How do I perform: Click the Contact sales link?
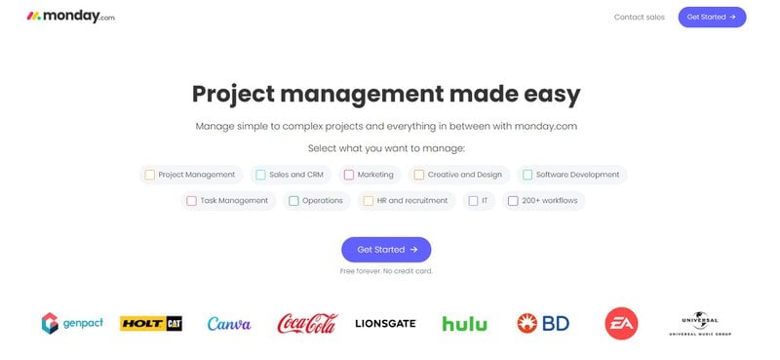coord(639,17)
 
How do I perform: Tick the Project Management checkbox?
coord(149,175)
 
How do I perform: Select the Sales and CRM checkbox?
coord(260,175)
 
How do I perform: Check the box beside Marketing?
coord(349,175)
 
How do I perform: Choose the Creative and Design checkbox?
coord(419,175)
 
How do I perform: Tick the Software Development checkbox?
coord(527,175)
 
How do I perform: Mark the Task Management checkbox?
coord(192,201)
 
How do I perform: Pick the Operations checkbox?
coord(293,201)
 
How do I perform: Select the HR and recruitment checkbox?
coord(369,201)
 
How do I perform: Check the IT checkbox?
coord(473,201)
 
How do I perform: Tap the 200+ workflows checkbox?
coord(513,201)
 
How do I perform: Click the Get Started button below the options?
coord(386,250)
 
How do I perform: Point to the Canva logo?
coord(229,324)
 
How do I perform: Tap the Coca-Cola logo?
coord(306,323)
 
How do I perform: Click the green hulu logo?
coord(464,324)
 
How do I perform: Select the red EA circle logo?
coord(621,323)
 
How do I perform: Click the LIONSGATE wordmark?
coord(386,324)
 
